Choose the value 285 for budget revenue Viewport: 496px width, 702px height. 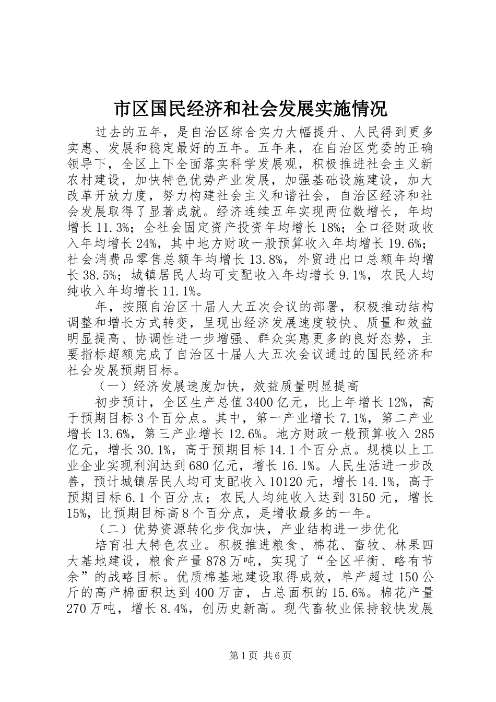[x=424, y=433]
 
